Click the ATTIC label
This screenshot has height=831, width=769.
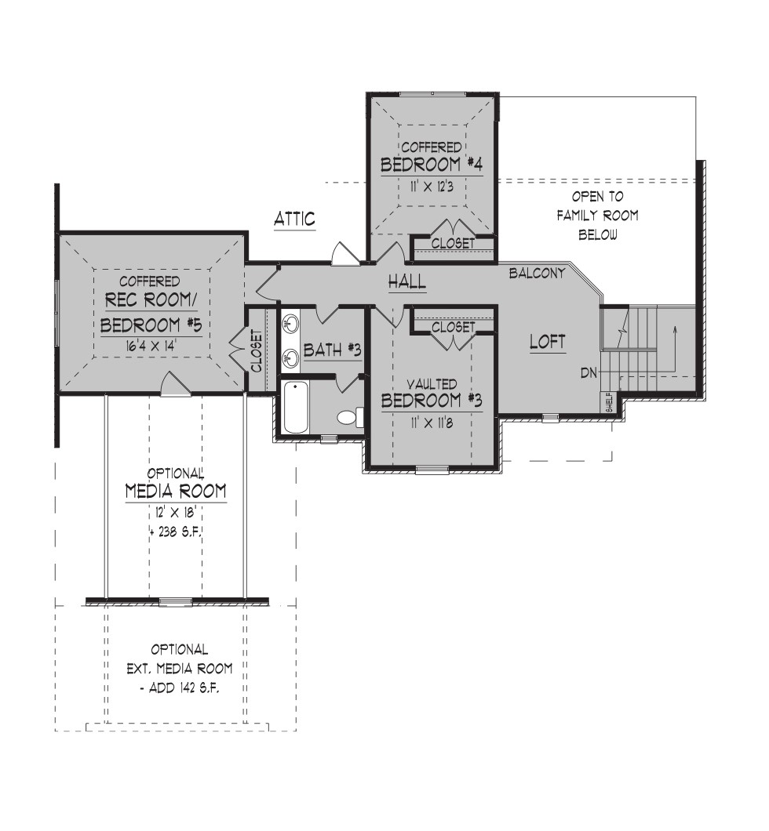(294, 219)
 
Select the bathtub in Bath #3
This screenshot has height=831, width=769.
(295, 407)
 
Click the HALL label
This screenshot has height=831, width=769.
(406, 281)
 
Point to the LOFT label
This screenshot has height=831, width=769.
(547, 342)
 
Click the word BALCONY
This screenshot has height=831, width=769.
(537, 273)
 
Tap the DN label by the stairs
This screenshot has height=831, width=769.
(589, 372)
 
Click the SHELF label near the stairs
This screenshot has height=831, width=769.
(607, 402)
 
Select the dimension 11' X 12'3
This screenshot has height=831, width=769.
(431, 187)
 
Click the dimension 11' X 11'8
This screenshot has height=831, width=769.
(431, 423)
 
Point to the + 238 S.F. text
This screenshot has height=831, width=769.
(176, 532)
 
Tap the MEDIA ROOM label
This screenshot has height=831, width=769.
(176, 492)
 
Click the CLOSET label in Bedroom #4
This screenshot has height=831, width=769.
(453, 243)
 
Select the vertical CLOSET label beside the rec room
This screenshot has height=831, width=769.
(257, 351)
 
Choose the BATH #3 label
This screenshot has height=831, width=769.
(332, 350)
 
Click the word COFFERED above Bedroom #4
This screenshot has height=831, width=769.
(431, 147)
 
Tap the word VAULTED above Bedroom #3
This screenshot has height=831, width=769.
(432, 383)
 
